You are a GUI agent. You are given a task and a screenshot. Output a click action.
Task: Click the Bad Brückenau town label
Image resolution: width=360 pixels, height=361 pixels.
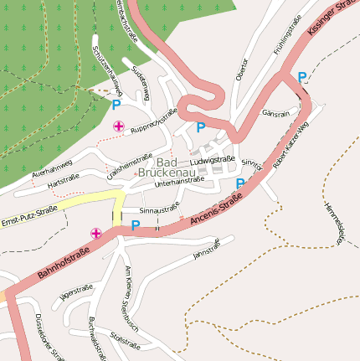[x=177, y=167]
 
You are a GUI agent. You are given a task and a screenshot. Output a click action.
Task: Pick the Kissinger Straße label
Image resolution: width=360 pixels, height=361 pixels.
[x=332, y=17]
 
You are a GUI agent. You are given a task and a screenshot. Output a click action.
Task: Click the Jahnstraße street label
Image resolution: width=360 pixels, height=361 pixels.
[x=206, y=247]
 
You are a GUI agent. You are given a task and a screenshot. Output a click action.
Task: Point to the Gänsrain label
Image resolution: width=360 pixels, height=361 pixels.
[x=275, y=112]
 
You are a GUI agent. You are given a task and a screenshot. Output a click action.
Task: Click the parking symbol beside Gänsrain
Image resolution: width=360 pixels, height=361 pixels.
[x=301, y=77]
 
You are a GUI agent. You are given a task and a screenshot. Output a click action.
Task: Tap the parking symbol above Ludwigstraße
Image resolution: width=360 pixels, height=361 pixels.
[x=201, y=127]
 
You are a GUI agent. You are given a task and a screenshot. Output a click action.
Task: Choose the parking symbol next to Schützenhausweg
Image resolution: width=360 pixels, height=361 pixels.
[x=116, y=105]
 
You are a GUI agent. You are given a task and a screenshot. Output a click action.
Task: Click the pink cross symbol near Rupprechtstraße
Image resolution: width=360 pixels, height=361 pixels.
[x=119, y=126]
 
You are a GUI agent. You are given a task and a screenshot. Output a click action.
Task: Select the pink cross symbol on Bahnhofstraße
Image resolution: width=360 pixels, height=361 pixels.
[x=96, y=233]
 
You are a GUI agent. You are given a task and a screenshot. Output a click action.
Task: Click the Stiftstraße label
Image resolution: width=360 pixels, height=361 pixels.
[x=124, y=339]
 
